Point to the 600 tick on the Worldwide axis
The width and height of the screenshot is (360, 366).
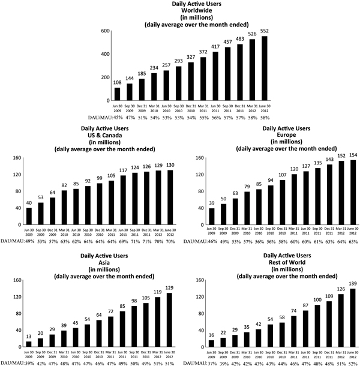[x=104, y=31]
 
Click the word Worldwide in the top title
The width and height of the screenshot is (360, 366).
[x=180, y=11]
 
